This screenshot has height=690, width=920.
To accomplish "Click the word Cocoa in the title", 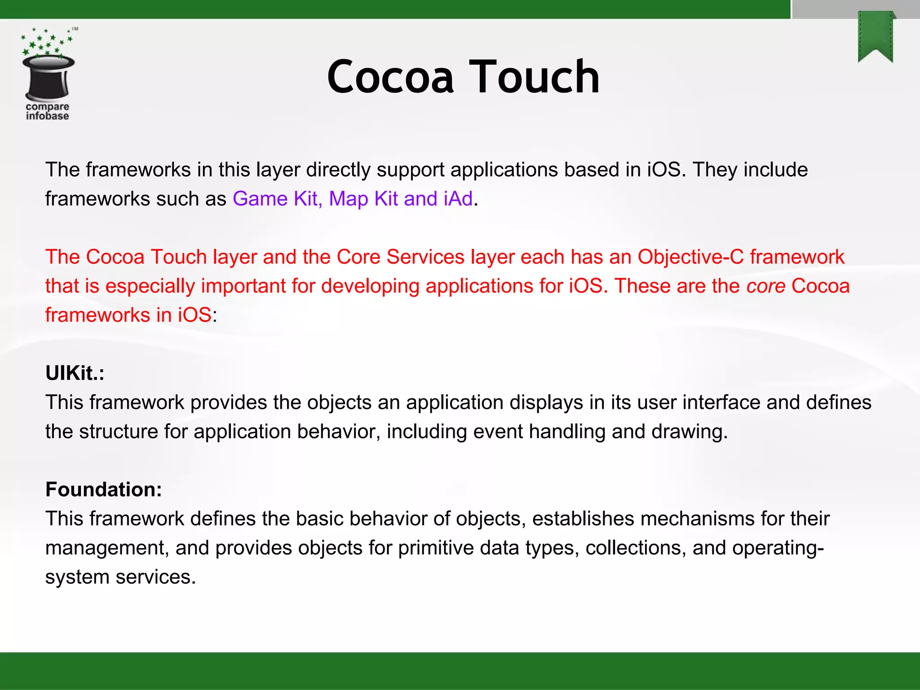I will pyautogui.click(x=390, y=77).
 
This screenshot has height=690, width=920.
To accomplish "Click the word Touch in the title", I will pyautogui.click(x=534, y=77).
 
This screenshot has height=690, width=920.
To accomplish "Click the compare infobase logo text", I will pyautogui.click(x=47, y=111).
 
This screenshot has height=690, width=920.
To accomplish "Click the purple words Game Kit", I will pyautogui.click(x=275, y=199).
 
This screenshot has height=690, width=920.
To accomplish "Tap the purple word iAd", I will pyautogui.click(x=458, y=199).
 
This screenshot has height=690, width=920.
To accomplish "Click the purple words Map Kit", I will pyautogui.click(x=363, y=199).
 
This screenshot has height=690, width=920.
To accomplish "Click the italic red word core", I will pyautogui.click(x=765, y=286).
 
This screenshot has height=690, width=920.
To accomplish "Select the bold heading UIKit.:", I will pyautogui.click(x=75, y=373).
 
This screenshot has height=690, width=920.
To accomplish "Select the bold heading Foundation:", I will pyautogui.click(x=103, y=489).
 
